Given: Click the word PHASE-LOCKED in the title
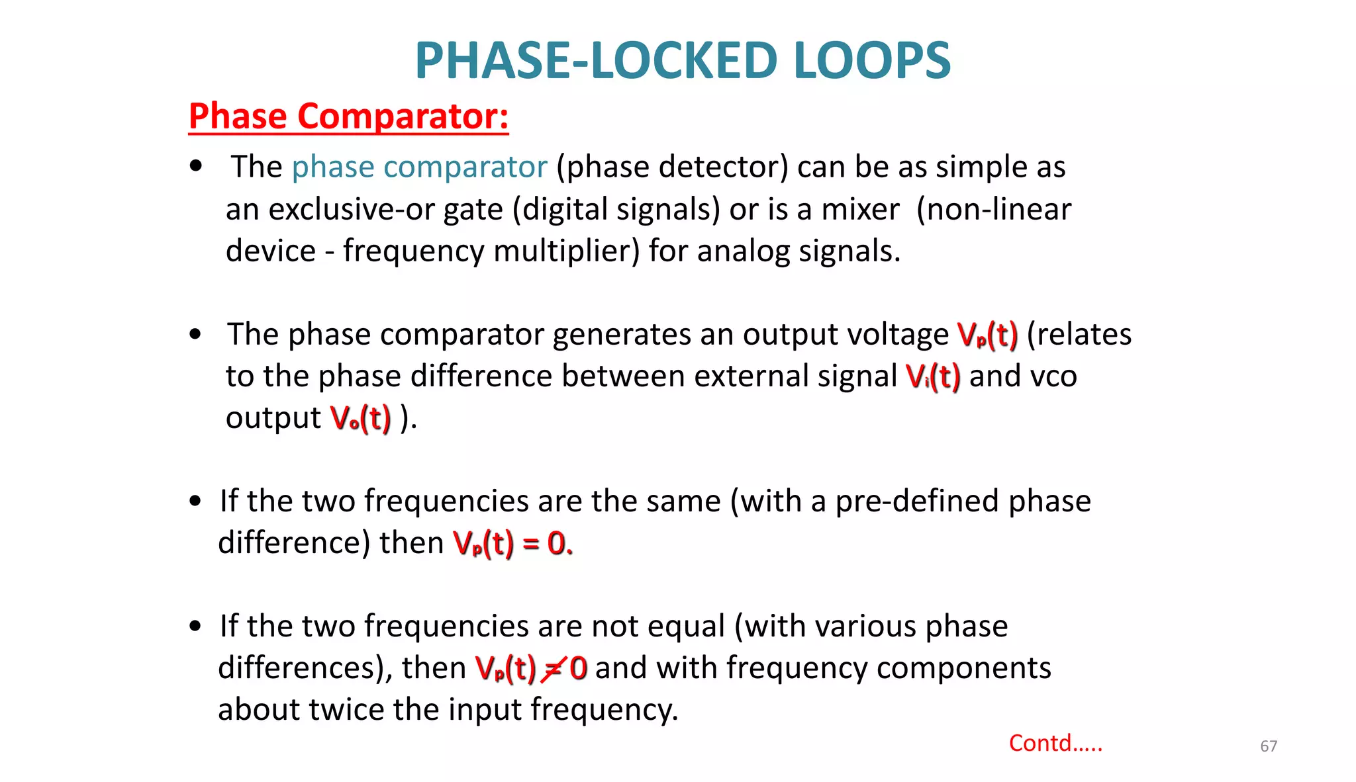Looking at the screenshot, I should [595, 60].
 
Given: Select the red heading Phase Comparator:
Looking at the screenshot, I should [348, 116].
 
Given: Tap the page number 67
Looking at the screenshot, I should [1268, 746].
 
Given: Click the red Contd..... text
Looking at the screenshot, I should [1055, 743].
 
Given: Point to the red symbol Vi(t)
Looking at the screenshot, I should [933, 377].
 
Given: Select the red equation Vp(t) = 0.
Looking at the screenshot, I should [512, 544].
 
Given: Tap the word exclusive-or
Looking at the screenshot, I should [351, 210].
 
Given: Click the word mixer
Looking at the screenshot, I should [860, 210].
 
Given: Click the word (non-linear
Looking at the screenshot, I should [993, 210].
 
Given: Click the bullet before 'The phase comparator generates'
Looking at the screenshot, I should [195, 334].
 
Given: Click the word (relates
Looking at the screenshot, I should [1079, 335].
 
